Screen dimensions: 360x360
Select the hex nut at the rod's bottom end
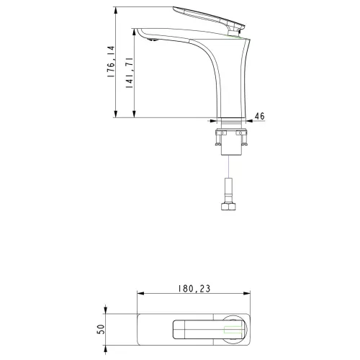[x=227, y=207]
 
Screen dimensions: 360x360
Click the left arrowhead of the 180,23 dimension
[x=139, y=294]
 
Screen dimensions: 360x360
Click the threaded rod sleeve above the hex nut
[x=227, y=191]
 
